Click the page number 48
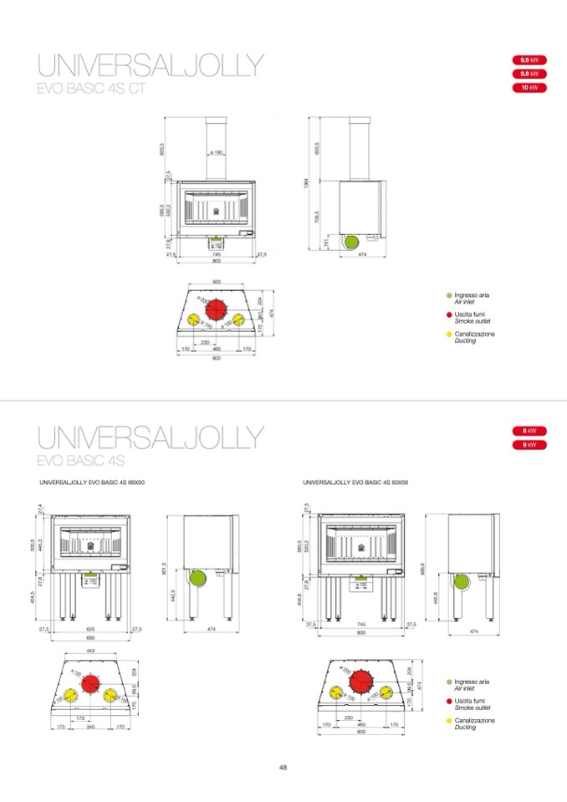[x=283, y=767]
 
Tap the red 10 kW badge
[x=528, y=87]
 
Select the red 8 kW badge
[x=528, y=431]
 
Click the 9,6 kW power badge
[x=528, y=60]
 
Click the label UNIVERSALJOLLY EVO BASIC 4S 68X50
[x=92, y=483]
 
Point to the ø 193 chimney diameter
[x=216, y=153]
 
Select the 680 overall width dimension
[x=90, y=637]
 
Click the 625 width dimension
[x=90, y=628]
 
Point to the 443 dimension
[x=90, y=651]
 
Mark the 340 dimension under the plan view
[x=90, y=727]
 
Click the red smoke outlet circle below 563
[x=217, y=309]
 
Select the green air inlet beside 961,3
[x=197, y=579]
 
